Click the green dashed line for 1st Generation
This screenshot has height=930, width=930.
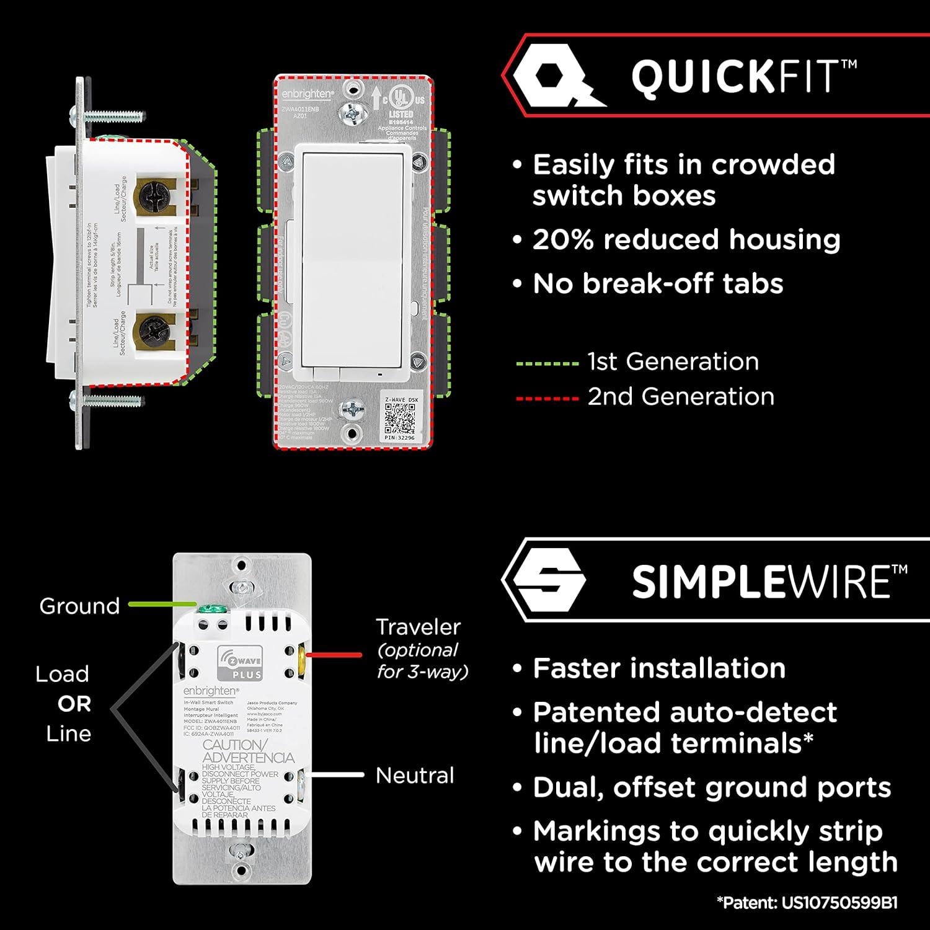click(x=547, y=363)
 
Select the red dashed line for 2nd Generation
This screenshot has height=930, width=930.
click(x=547, y=398)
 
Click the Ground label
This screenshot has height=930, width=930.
click(x=79, y=606)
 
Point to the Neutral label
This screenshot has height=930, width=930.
click(x=415, y=776)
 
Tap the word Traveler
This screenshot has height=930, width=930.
click(x=418, y=627)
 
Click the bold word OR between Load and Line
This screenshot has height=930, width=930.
click(x=74, y=704)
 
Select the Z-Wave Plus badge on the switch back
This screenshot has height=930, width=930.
click(x=239, y=662)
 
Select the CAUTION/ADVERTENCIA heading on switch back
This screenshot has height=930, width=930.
click(x=248, y=751)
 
